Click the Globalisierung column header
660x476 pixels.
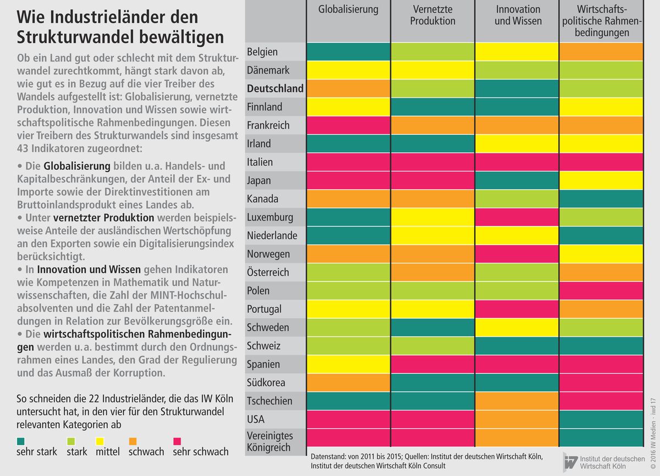click(x=349, y=10)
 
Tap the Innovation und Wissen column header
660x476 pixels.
click(x=518, y=15)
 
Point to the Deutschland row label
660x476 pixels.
click(x=275, y=88)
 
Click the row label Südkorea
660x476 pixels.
click(x=267, y=383)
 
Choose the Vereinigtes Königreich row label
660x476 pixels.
click(x=270, y=441)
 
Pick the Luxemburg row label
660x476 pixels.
click(x=270, y=217)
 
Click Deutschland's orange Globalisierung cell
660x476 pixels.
click(x=349, y=88)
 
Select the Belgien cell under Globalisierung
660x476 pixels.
click(x=349, y=52)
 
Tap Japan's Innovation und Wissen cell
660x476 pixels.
click(x=518, y=180)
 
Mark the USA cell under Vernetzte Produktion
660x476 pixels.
click(x=433, y=419)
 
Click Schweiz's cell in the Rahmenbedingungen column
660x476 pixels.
click(x=601, y=346)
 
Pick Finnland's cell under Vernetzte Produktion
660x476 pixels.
click(x=433, y=107)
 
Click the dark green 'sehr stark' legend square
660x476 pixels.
click(x=20, y=441)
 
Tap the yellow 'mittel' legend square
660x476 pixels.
click(x=101, y=441)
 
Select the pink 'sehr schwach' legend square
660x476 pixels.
click(x=177, y=441)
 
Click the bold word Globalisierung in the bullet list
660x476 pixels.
click(x=77, y=166)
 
